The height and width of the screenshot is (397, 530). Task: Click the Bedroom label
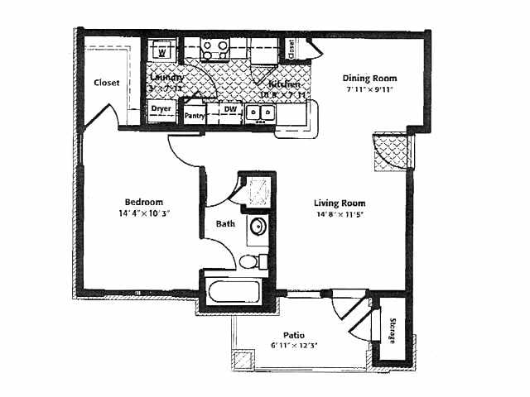[x=143, y=202]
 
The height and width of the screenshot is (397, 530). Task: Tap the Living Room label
[x=340, y=203]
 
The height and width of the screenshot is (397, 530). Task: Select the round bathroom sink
[x=258, y=227]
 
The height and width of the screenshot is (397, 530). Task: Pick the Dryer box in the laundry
[x=161, y=108]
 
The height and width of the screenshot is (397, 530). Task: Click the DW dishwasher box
[x=230, y=108]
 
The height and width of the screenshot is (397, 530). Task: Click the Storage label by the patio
[x=394, y=328]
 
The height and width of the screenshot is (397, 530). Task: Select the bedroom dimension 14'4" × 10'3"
[x=143, y=213]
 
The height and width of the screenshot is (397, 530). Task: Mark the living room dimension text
[x=340, y=215]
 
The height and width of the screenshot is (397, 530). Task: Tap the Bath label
[x=225, y=223]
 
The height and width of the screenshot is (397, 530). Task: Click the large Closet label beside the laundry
[x=106, y=83]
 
